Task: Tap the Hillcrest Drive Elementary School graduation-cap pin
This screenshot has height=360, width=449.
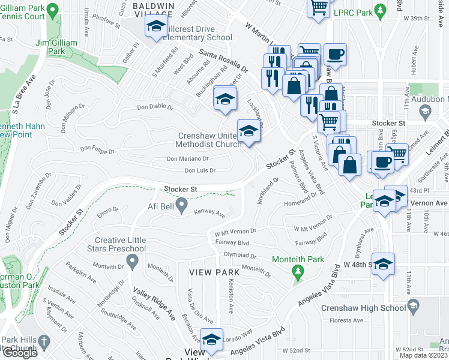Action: [156, 27]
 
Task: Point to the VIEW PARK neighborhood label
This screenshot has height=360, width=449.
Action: [214, 272]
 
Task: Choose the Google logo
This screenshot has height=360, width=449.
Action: [19, 353]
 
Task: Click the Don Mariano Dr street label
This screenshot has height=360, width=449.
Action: [187, 159]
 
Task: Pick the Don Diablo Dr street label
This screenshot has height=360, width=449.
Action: [155, 108]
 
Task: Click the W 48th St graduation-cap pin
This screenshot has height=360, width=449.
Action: [382, 264]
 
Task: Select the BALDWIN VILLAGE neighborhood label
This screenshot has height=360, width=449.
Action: [153, 9]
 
